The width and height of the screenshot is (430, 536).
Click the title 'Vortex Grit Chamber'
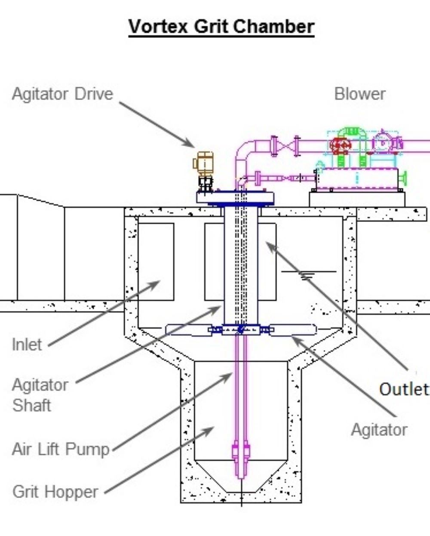221,27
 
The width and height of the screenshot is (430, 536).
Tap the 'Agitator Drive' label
62,94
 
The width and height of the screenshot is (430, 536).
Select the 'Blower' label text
360,94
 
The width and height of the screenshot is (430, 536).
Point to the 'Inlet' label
27,345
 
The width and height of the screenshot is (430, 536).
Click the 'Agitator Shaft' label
40,395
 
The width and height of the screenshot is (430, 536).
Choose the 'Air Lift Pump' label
61,449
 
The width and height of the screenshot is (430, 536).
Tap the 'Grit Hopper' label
55,492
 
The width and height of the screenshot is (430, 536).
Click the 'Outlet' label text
404,389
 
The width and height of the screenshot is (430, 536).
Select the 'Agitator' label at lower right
379,430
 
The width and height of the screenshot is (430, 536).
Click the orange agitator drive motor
203,163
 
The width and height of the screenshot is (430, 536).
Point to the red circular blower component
340,145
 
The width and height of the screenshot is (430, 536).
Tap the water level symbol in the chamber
308,275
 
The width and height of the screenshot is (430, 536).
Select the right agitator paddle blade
293,330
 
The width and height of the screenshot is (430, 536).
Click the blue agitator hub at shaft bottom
241,330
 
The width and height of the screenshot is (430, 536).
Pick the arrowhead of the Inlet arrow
154,284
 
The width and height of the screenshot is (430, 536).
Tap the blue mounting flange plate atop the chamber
235,198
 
